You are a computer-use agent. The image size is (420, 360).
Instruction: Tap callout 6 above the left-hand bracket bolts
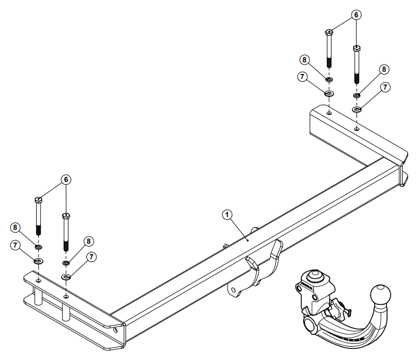pyautogui.click(x=66, y=179)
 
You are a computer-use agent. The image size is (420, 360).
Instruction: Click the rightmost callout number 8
pyautogui.click(x=383, y=70)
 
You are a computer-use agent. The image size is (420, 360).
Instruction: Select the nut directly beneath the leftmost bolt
pyautogui.click(x=38, y=246)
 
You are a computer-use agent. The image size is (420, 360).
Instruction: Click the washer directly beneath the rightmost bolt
pyautogui.click(x=356, y=109)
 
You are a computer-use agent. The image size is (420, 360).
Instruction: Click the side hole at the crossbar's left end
pyautogui.click(x=115, y=329)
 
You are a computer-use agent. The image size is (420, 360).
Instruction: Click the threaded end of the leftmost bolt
pyautogui.click(x=38, y=229)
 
